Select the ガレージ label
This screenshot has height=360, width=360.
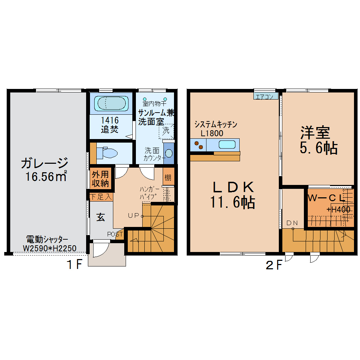point(44,163)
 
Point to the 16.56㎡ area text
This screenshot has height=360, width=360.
point(46,176)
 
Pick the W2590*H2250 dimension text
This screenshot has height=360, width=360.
point(49,248)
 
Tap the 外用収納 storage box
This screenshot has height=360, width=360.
point(101,178)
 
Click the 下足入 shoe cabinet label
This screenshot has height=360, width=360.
point(101,197)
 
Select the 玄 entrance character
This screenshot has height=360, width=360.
point(101,218)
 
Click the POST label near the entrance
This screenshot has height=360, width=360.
point(115,234)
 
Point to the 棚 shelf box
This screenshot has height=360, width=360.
point(168,178)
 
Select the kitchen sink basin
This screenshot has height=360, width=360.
point(227,144)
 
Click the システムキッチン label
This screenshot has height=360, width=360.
point(215,125)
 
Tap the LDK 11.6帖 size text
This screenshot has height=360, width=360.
point(233,202)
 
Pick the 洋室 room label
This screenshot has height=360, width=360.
point(315,133)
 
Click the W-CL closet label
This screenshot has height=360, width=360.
point(325,198)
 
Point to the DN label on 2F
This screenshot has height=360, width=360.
point(292,223)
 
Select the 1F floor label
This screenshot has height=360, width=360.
point(74,265)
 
